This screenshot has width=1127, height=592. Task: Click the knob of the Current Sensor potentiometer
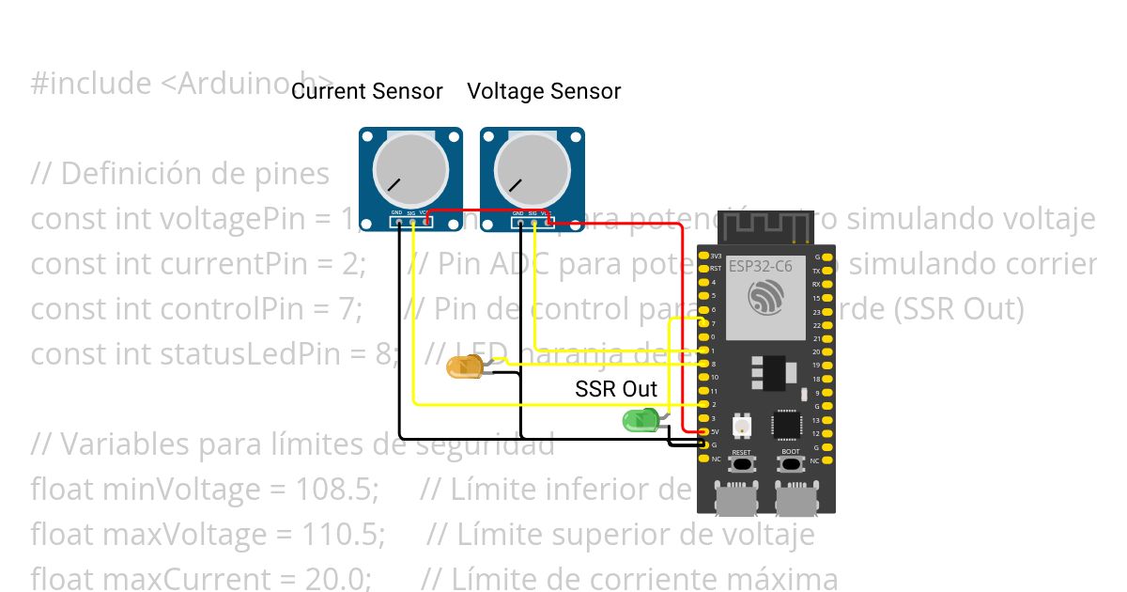410,169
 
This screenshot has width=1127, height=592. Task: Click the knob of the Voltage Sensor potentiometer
532,169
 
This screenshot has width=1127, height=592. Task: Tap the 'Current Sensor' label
366,91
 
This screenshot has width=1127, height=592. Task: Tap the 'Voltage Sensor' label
544,91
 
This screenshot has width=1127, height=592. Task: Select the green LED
641,421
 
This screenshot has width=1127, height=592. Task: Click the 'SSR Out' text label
616,389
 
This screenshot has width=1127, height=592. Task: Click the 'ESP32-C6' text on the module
761,267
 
